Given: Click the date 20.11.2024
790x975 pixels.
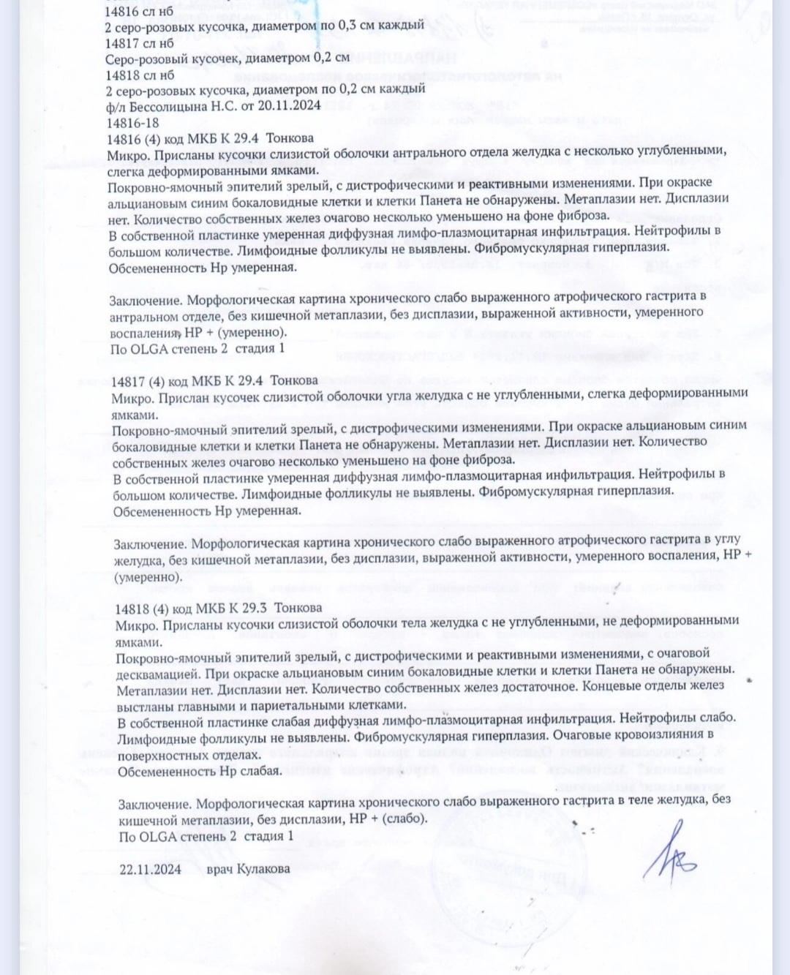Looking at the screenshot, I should (x=289, y=105).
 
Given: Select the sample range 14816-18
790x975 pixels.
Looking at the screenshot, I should (x=133, y=123).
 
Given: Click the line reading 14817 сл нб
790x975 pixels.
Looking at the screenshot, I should (x=140, y=43).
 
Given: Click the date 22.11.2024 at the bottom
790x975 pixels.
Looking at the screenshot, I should (x=151, y=870).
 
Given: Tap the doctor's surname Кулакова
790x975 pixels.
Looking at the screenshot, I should (x=263, y=869).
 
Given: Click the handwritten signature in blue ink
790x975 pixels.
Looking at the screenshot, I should (x=669, y=852).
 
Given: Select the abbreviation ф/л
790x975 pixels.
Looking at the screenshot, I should (x=116, y=107).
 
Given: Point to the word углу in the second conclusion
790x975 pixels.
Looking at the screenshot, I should (x=727, y=540).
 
